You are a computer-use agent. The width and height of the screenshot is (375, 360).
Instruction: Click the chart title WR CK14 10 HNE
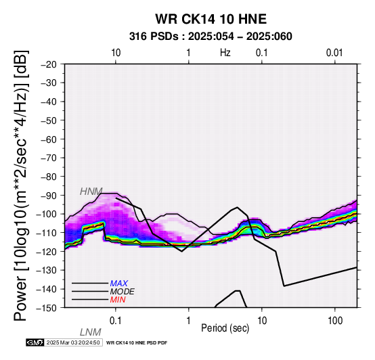(x=211, y=19)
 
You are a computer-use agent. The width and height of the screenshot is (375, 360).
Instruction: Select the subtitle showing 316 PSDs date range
(x=211, y=37)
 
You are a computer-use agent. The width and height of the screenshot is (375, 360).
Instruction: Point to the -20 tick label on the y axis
(x=49, y=64)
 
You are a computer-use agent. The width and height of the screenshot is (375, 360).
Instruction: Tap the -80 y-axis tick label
(x=49, y=177)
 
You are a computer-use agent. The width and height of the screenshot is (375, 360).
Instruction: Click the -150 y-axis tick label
(x=47, y=308)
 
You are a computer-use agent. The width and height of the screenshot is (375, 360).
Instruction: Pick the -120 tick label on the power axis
(x=47, y=252)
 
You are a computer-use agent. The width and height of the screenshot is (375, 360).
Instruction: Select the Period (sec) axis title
(x=225, y=328)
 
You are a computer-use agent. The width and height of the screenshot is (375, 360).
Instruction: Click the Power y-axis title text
(x=21, y=185)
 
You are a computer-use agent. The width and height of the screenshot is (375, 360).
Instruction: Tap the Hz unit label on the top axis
(x=225, y=53)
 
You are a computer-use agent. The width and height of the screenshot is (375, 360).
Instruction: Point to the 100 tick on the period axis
(x=335, y=321)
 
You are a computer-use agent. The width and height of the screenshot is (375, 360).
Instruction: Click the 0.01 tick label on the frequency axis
(x=334, y=53)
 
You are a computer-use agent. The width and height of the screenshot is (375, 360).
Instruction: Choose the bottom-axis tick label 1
(x=189, y=321)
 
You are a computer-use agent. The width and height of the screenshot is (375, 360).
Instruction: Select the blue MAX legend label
(x=119, y=284)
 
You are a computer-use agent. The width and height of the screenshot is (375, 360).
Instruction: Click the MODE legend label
(x=123, y=292)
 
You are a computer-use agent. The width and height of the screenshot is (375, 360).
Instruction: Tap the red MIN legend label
(x=118, y=300)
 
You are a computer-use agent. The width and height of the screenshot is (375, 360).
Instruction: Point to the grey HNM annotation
(x=91, y=192)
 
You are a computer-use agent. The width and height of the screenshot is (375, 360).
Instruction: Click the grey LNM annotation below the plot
(x=91, y=332)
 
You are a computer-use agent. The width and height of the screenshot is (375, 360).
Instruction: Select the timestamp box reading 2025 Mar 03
(x=74, y=342)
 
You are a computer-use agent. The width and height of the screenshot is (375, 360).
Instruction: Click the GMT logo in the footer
(x=35, y=342)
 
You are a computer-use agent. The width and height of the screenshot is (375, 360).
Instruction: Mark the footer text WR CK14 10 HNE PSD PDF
(x=137, y=343)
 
